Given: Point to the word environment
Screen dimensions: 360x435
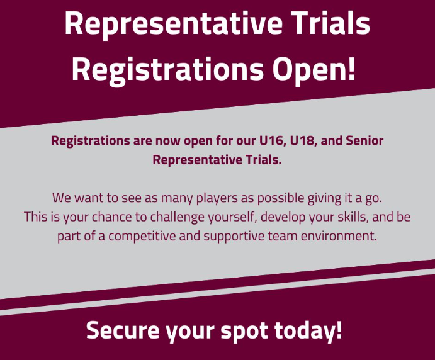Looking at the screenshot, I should tap(341, 237).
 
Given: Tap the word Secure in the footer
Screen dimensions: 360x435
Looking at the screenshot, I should tap(120, 330).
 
